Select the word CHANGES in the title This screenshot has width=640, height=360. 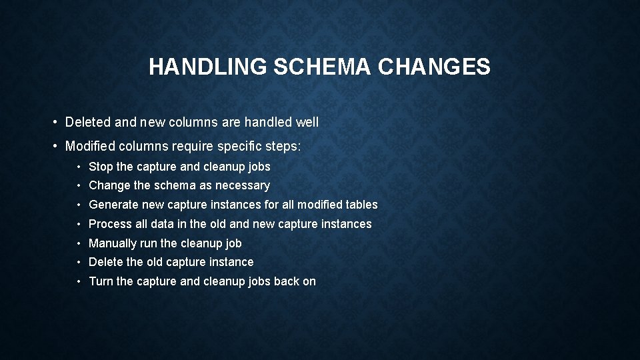(x=434, y=67)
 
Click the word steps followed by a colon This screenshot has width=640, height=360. (x=283, y=147)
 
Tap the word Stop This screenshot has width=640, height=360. (x=101, y=167)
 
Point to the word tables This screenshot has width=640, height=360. (x=362, y=205)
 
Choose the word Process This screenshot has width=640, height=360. (x=109, y=224)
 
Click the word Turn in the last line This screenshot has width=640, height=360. (x=101, y=281)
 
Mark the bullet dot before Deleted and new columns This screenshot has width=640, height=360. (x=55, y=123)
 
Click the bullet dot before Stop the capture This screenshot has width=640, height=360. (x=79, y=167)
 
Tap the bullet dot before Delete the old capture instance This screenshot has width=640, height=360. (x=79, y=263)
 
